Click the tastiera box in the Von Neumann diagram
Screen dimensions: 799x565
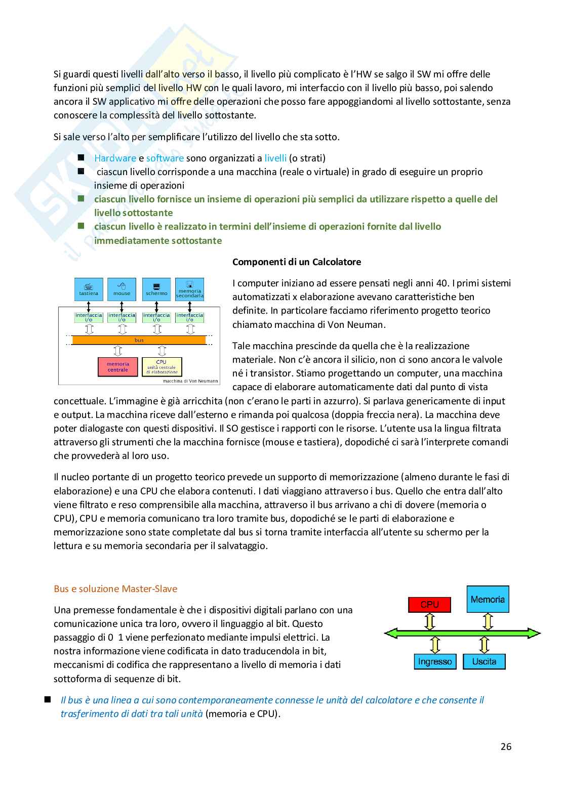[x=89, y=289]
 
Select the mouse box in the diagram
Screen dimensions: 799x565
[x=122, y=289]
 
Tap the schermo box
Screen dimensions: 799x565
[x=156, y=289]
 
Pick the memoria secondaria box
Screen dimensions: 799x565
[x=189, y=289]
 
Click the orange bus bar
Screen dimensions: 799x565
[x=139, y=340]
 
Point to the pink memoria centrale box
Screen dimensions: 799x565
[x=117, y=367]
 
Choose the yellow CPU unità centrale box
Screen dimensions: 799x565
[x=162, y=367]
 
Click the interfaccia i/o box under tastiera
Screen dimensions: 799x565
[x=89, y=317]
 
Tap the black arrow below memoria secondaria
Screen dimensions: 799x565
[x=190, y=307]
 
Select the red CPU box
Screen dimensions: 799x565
[x=429, y=604]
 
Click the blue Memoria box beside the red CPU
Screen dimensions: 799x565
[x=488, y=599]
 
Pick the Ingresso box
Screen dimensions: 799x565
[x=435, y=661]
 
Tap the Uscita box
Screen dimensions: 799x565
[x=484, y=661]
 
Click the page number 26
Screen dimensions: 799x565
[x=506, y=746]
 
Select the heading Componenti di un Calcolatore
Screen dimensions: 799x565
[x=297, y=262]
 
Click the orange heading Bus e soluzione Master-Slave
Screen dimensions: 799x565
[x=115, y=588]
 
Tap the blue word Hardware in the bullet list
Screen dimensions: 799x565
[x=115, y=158]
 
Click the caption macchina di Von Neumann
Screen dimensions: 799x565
[x=190, y=381]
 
